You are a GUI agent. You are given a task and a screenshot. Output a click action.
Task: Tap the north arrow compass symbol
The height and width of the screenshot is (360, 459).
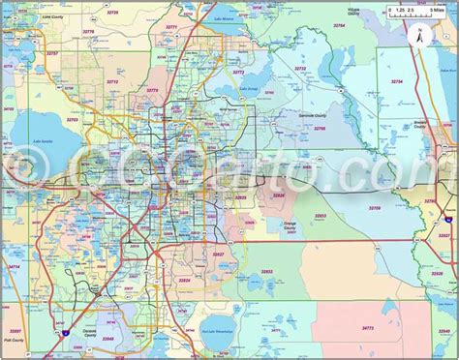tap(418, 37)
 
